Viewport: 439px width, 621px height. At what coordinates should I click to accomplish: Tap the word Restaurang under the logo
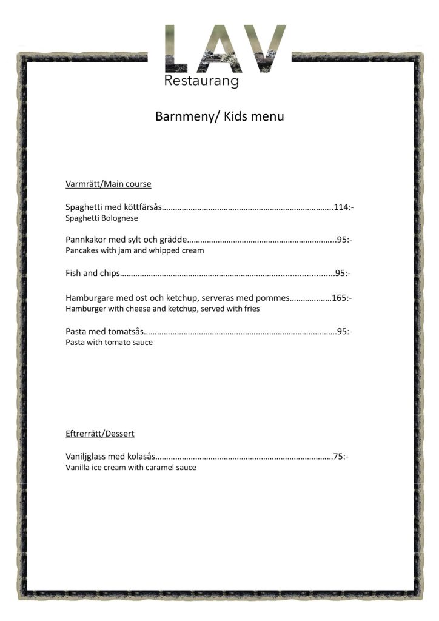pos(201,82)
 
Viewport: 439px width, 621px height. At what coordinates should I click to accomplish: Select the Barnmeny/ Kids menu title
pos(219,116)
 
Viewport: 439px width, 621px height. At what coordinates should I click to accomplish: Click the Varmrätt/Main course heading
pos(108,184)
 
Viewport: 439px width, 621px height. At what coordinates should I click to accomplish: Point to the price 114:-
pos(343,207)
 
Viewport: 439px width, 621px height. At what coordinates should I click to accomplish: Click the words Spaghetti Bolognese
pos(102,218)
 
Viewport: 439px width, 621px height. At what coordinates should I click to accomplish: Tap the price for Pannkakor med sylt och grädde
pos(344,240)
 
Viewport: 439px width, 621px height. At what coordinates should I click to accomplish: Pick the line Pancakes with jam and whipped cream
pos(135,250)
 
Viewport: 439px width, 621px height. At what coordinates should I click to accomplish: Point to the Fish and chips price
pos(343,274)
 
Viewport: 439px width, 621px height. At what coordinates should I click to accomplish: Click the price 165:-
pos(341,298)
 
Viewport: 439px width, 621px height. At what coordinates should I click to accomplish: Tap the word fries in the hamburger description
pos(250,309)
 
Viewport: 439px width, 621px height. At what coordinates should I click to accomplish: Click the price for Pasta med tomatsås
pos(344,332)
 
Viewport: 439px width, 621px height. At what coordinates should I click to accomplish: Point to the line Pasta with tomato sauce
pos(109,343)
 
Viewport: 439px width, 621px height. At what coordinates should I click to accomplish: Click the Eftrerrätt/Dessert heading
pos(100,434)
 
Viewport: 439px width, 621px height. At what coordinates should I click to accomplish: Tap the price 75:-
pos(341,457)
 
